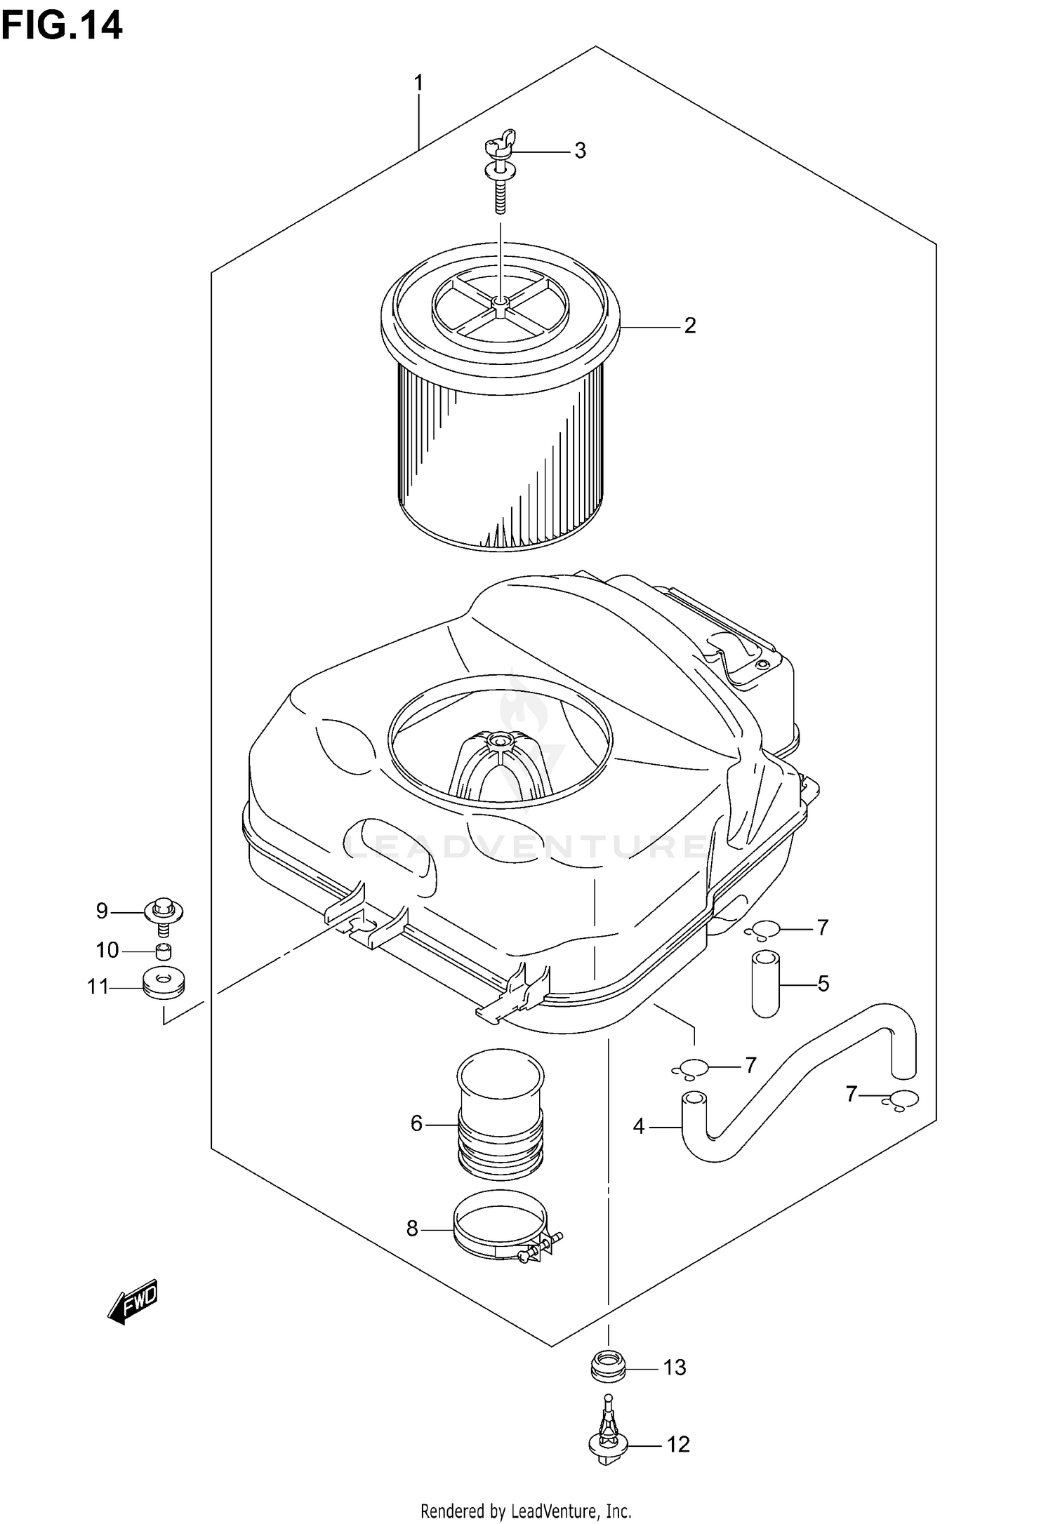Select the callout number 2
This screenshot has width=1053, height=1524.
tap(690, 326)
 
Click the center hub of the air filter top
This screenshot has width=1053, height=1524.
tap(499, 302)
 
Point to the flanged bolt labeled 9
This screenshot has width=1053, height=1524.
tap(164, 913)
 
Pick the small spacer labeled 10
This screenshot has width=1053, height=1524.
tap(164, 951)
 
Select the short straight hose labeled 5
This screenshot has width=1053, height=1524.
tap(765, 983)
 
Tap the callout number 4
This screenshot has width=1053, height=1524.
tap(638, 1126)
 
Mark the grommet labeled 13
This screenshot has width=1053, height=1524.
tap(607, 1367)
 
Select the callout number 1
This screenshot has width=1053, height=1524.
tap(418, 83)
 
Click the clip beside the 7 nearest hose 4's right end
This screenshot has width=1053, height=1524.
tap(900, 1099)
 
